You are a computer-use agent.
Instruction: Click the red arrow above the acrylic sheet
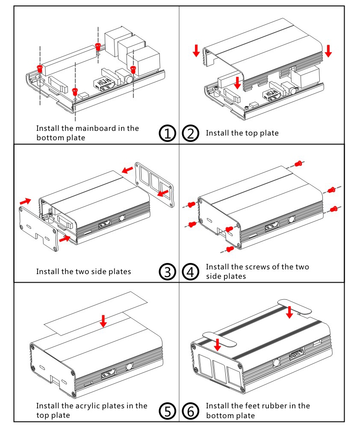[103, 321]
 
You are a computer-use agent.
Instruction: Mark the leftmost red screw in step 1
[40, 68]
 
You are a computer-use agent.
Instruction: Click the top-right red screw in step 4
[299, 163]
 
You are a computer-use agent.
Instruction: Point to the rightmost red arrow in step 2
[328, 50]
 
